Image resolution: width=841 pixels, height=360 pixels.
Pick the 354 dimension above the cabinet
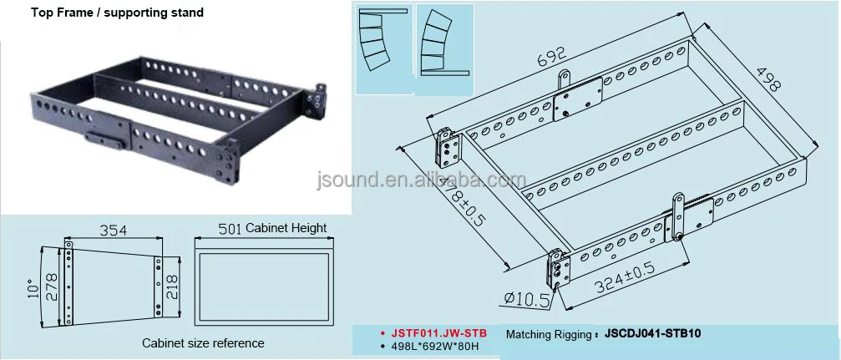pos(114,230)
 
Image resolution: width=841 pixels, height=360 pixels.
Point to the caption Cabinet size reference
pos(203,343)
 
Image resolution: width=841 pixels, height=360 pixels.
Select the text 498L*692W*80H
pos(430,347)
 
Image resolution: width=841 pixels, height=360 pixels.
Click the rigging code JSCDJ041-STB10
pos(652,333)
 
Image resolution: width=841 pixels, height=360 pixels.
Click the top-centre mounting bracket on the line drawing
pos(576,99)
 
